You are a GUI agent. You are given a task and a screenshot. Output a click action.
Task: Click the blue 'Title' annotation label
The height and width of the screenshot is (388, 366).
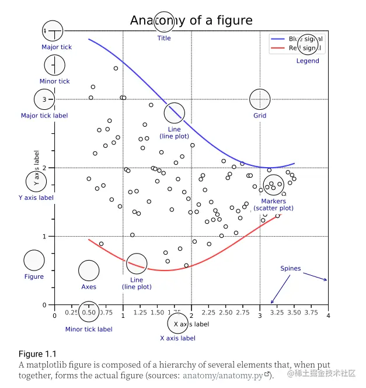pyautogui.click(x=164, y=39)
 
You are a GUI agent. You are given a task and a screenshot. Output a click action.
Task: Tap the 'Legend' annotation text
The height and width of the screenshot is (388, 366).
pyautogui.click(x=308, y=61)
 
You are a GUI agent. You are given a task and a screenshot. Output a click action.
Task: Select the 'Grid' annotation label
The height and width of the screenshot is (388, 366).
pyautogui.click(x=260, y=116)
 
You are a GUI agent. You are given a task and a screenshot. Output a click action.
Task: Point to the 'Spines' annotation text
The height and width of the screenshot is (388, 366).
pyautogui.click(x=291, y=269)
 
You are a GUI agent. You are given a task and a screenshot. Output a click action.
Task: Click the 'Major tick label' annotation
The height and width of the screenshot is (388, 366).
pyautogui.click(x=44, y=116)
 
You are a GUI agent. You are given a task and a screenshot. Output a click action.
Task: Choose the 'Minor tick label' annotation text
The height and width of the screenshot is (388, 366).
pyautogui.click(x=89, y=329)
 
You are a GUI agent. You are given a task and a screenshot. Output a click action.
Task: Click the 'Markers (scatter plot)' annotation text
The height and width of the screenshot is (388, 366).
pyautogui.click(x=273, y=205)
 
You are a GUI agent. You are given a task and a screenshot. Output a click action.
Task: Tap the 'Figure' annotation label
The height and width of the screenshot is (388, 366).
pyautogui.click(x=34, y=276)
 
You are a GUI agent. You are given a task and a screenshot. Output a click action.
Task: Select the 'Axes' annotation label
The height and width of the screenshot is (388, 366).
pyautogui.click(x=89, y=287)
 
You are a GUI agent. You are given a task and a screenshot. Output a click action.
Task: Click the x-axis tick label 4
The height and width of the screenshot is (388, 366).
pyautogui.click(x=328, y=316)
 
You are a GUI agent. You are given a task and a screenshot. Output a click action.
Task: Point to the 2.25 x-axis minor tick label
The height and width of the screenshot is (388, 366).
pyautogui.click(x=208, y=313)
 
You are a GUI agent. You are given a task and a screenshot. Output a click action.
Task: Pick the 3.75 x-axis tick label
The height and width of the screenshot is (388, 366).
pyautogui.click(x=311, y=313)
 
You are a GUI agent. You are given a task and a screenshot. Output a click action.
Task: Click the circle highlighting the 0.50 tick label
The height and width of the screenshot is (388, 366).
pyautogui.click(x=89, y=313)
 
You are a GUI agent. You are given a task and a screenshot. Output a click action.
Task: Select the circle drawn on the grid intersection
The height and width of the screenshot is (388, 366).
pyautogui.click(x=260, y=99)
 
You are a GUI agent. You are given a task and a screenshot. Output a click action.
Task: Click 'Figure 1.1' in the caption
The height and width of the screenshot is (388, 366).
pyautogui.click(x=37, y=354)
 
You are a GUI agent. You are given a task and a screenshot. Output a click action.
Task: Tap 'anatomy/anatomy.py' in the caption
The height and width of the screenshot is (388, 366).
pyautogui.click(x=222, y=375)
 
